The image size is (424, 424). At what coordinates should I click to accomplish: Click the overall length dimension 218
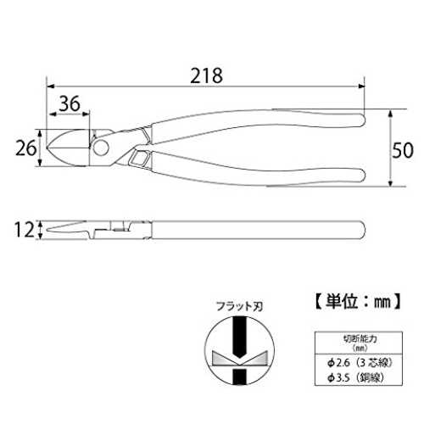pos(206,75)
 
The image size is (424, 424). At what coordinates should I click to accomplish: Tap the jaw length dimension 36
pos(70,103)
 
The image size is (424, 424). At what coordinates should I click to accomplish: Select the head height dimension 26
pos(25,148)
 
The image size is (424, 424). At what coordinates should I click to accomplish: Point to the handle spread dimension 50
pos(403,150)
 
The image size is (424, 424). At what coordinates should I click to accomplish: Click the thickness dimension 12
pos(24,230)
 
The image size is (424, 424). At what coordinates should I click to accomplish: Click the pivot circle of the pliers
pos(101,148)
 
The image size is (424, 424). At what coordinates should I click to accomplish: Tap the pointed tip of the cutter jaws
pos(47,148)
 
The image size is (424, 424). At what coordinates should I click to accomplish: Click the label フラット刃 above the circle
pos(239,306)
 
